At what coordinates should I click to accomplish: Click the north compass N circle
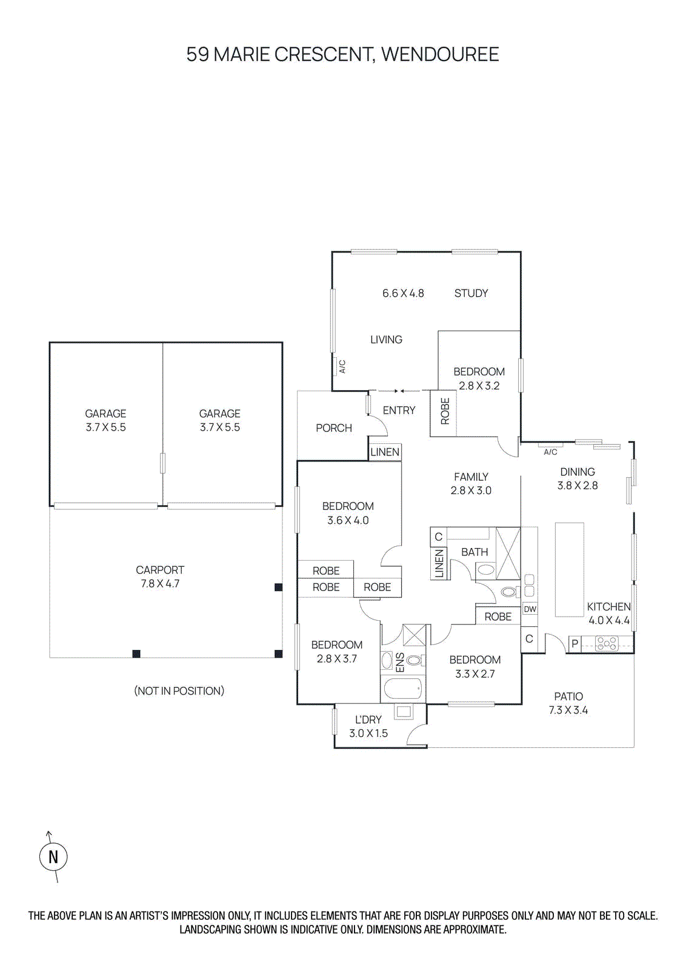53,857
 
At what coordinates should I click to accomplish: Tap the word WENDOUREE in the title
440,55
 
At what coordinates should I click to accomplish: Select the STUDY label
471,293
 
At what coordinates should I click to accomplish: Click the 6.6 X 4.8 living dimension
403,293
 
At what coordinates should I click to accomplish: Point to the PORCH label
333,428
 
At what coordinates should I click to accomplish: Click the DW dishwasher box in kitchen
530,609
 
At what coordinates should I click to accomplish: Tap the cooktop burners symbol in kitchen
606,643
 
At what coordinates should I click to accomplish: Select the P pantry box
574,644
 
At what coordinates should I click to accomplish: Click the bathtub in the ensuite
403,689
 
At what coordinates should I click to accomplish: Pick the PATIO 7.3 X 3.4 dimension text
568,710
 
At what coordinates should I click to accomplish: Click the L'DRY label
368,719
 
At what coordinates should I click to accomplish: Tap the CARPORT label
160,570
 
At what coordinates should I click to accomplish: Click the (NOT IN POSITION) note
179,691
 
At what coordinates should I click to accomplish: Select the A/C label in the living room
342,366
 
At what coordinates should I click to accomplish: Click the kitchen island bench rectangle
569,569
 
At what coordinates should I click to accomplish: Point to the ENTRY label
399,411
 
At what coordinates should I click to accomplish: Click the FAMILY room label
471,477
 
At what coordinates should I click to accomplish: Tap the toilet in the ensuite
415,660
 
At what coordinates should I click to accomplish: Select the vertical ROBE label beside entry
445,411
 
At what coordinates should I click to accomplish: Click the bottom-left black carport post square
136,653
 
